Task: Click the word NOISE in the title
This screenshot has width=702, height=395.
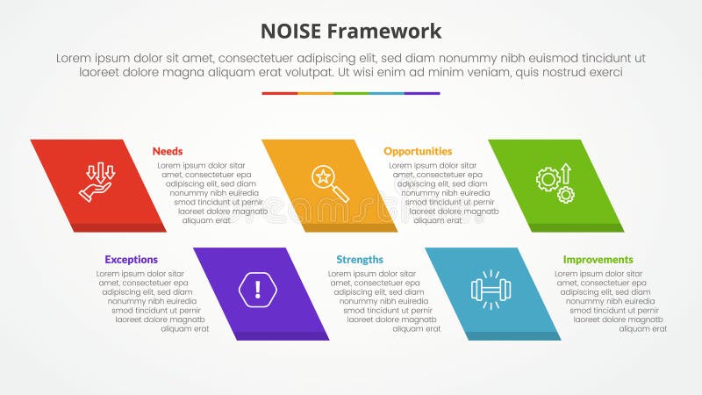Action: coord(291,32)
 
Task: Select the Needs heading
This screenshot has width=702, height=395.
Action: coord(167,151)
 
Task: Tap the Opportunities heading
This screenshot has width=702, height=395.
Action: coord(418,151)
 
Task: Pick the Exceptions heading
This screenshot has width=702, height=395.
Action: coord(131,260)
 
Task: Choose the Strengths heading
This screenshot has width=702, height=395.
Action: coord(360,260)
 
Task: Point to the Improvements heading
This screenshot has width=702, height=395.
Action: coord(598,260)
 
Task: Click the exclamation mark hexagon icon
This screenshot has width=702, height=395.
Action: coord(256,289)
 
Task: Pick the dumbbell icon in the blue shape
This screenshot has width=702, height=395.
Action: coord(491,289)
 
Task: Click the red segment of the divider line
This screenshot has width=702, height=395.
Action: coord(279,93)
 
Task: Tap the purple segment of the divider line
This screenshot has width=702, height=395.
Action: coord(422,93)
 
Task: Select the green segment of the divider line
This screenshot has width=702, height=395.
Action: coord(351,93)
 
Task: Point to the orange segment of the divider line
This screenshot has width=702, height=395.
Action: coord(315,93)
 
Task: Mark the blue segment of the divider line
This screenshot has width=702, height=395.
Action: coord(387,93)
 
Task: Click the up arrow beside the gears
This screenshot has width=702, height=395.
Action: coord(566,172)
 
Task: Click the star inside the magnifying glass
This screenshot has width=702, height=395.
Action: coord(323,176)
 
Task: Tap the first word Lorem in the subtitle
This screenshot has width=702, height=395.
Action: coord(74,58)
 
